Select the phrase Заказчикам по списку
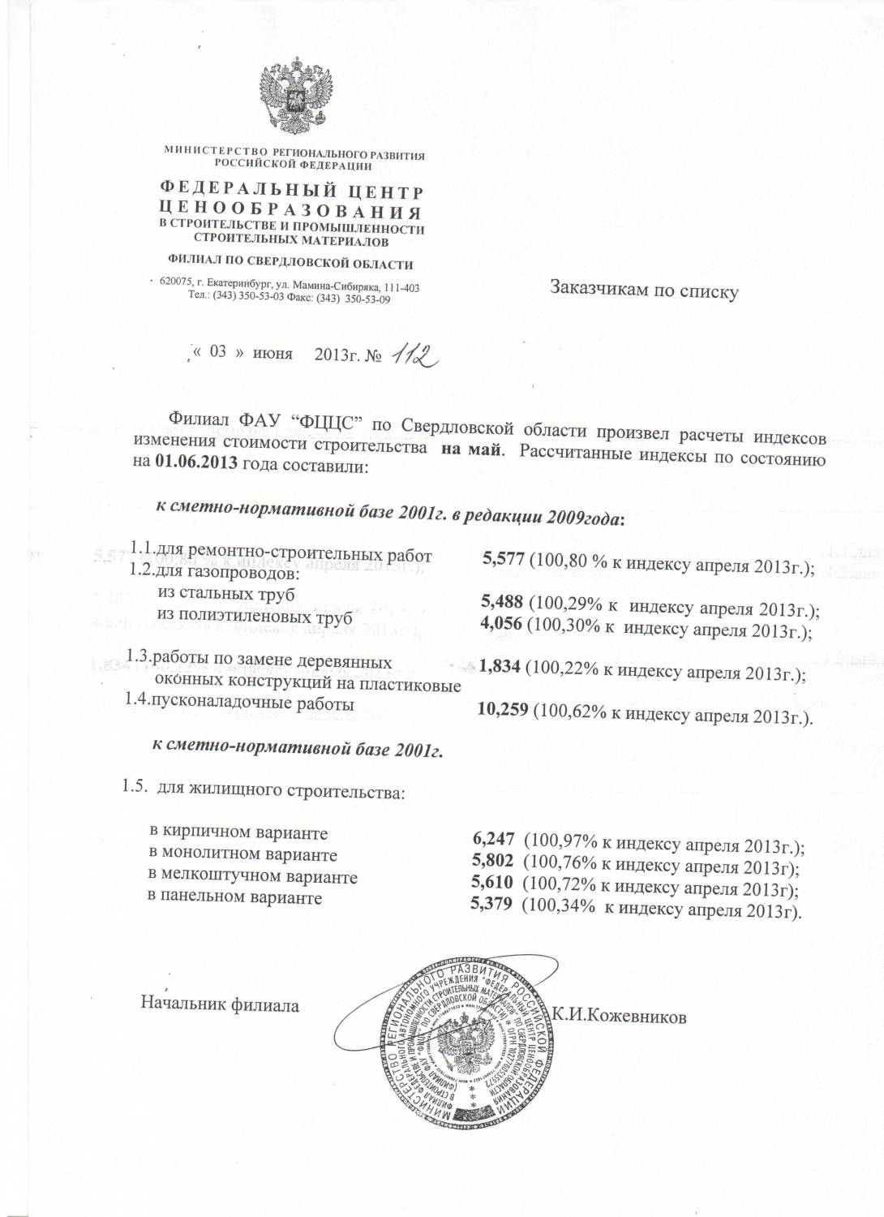coord(644,290)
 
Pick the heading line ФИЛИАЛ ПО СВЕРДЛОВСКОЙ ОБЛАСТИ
coord(290,264)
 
